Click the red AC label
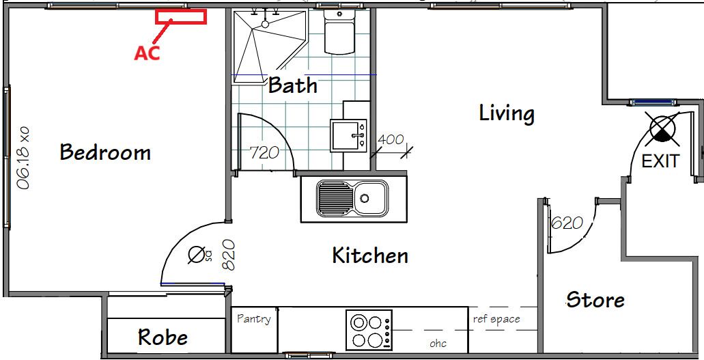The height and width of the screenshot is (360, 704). (x=147, y=53)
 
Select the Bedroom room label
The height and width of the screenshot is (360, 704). (x=105, y=152)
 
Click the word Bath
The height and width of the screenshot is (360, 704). (x=293, y=85)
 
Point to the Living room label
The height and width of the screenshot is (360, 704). (x=507, y=113)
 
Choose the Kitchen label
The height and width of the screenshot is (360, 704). (x=370, y=255)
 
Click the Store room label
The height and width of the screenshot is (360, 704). (x=595, y=299)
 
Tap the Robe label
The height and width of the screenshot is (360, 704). (x=163, y=337)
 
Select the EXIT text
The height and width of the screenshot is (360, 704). (x=660, y=161)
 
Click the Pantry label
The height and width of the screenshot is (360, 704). (x=254, y=319)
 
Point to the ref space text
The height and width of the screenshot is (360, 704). (x=496, y=319)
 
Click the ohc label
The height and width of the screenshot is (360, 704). (x=438, y=344)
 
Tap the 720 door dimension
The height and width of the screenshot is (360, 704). (x=264, y=153)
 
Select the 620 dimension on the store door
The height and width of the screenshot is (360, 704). (x=567, y=223)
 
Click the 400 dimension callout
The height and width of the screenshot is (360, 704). (x=390, y=140)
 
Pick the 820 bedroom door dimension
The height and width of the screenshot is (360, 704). (x=229, y=254)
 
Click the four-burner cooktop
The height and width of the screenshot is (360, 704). (x=369, y=330)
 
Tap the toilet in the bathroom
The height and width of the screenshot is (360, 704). (x=339, y=31)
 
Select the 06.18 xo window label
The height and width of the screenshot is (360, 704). (x=23, y=158)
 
